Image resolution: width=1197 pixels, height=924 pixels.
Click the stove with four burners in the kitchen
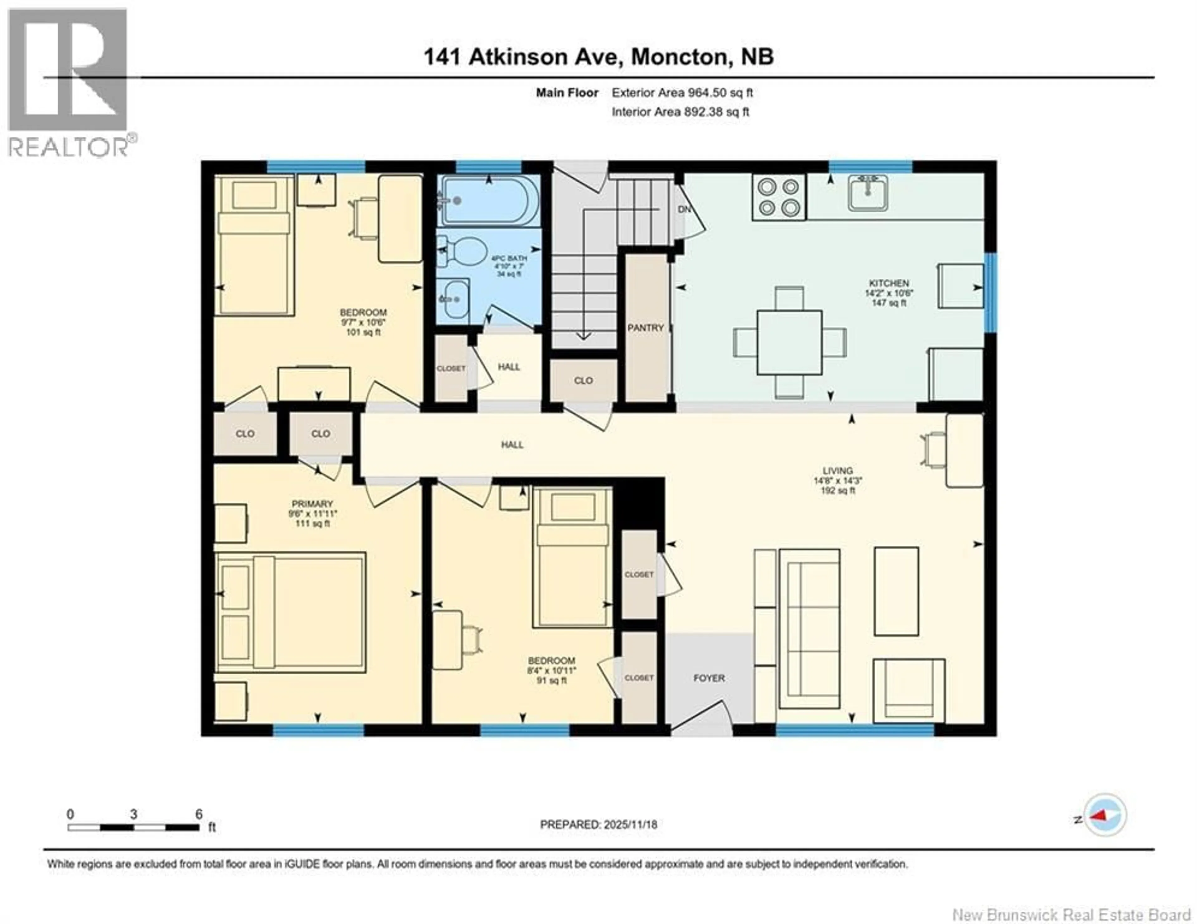pos(778,197)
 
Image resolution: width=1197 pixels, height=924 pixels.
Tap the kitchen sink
pos(868,193)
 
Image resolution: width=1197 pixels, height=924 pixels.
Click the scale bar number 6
pos(199,814)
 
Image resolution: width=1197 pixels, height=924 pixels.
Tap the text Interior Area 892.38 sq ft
pos(680,112)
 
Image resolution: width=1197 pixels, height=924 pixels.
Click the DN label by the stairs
pos(684,209)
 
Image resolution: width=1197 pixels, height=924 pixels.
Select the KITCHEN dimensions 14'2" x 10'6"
pos(889,293)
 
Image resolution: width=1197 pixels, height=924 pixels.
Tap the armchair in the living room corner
pos(908,691)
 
